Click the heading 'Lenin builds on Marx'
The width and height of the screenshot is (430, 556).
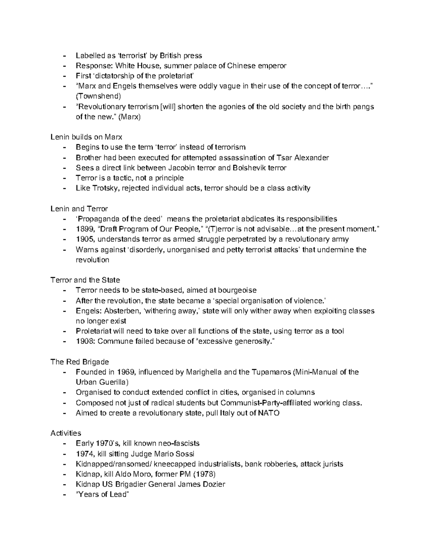coord(86,137)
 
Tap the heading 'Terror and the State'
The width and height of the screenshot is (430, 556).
coord(85,280)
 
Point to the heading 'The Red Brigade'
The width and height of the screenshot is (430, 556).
coord(80,362)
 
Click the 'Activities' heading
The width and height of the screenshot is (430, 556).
coord(66,433)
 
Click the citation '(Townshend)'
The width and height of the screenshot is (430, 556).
coord(98,96)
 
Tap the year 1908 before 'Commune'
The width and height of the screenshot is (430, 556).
coord(85,341)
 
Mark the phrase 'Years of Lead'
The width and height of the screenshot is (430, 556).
coord(102,494)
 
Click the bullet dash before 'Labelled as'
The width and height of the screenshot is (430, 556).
coord(64,55)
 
